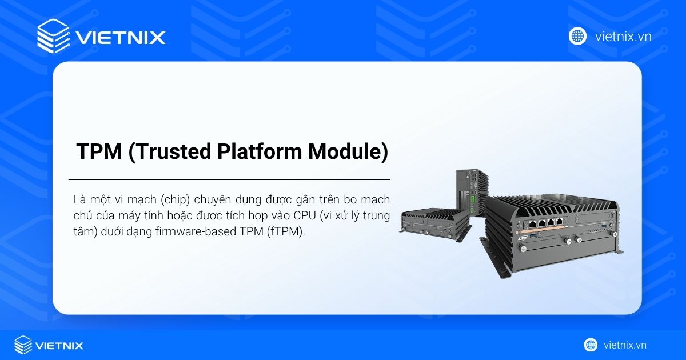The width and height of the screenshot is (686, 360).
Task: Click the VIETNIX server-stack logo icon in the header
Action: point(53,37)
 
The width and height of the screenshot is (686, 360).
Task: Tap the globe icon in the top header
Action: point(577,37)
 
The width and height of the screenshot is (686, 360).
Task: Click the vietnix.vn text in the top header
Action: point(623,37)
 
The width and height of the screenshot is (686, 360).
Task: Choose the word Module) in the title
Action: point(348,151)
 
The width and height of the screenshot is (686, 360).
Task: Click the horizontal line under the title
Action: point(229,179)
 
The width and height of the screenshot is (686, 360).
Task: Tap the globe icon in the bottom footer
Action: point(591,345)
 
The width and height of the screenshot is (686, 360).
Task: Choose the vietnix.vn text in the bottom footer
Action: point(624,345)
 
